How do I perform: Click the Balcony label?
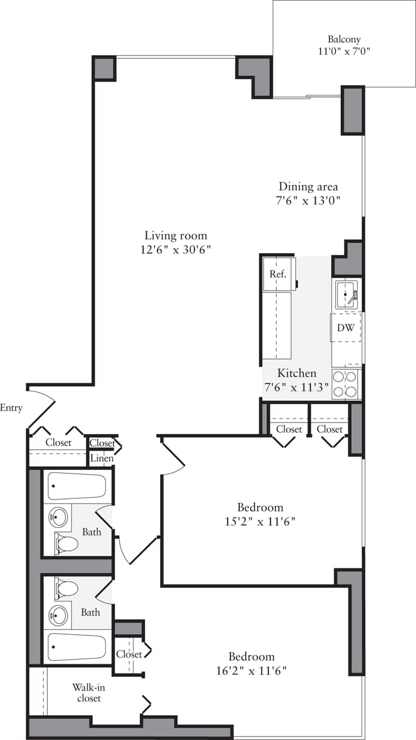344,39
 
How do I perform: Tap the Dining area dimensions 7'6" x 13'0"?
309,201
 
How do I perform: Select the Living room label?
176,235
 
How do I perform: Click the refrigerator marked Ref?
278,274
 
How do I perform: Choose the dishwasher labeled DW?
346,328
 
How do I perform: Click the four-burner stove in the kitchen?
346,384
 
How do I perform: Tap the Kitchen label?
296,373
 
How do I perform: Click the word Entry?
11,408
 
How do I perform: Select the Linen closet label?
102,458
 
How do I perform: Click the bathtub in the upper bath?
76,486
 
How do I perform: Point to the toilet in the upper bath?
66,543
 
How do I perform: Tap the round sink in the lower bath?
58,615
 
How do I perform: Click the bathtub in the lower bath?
76,647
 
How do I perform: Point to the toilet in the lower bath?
66,589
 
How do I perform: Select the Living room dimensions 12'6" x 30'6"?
176,250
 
